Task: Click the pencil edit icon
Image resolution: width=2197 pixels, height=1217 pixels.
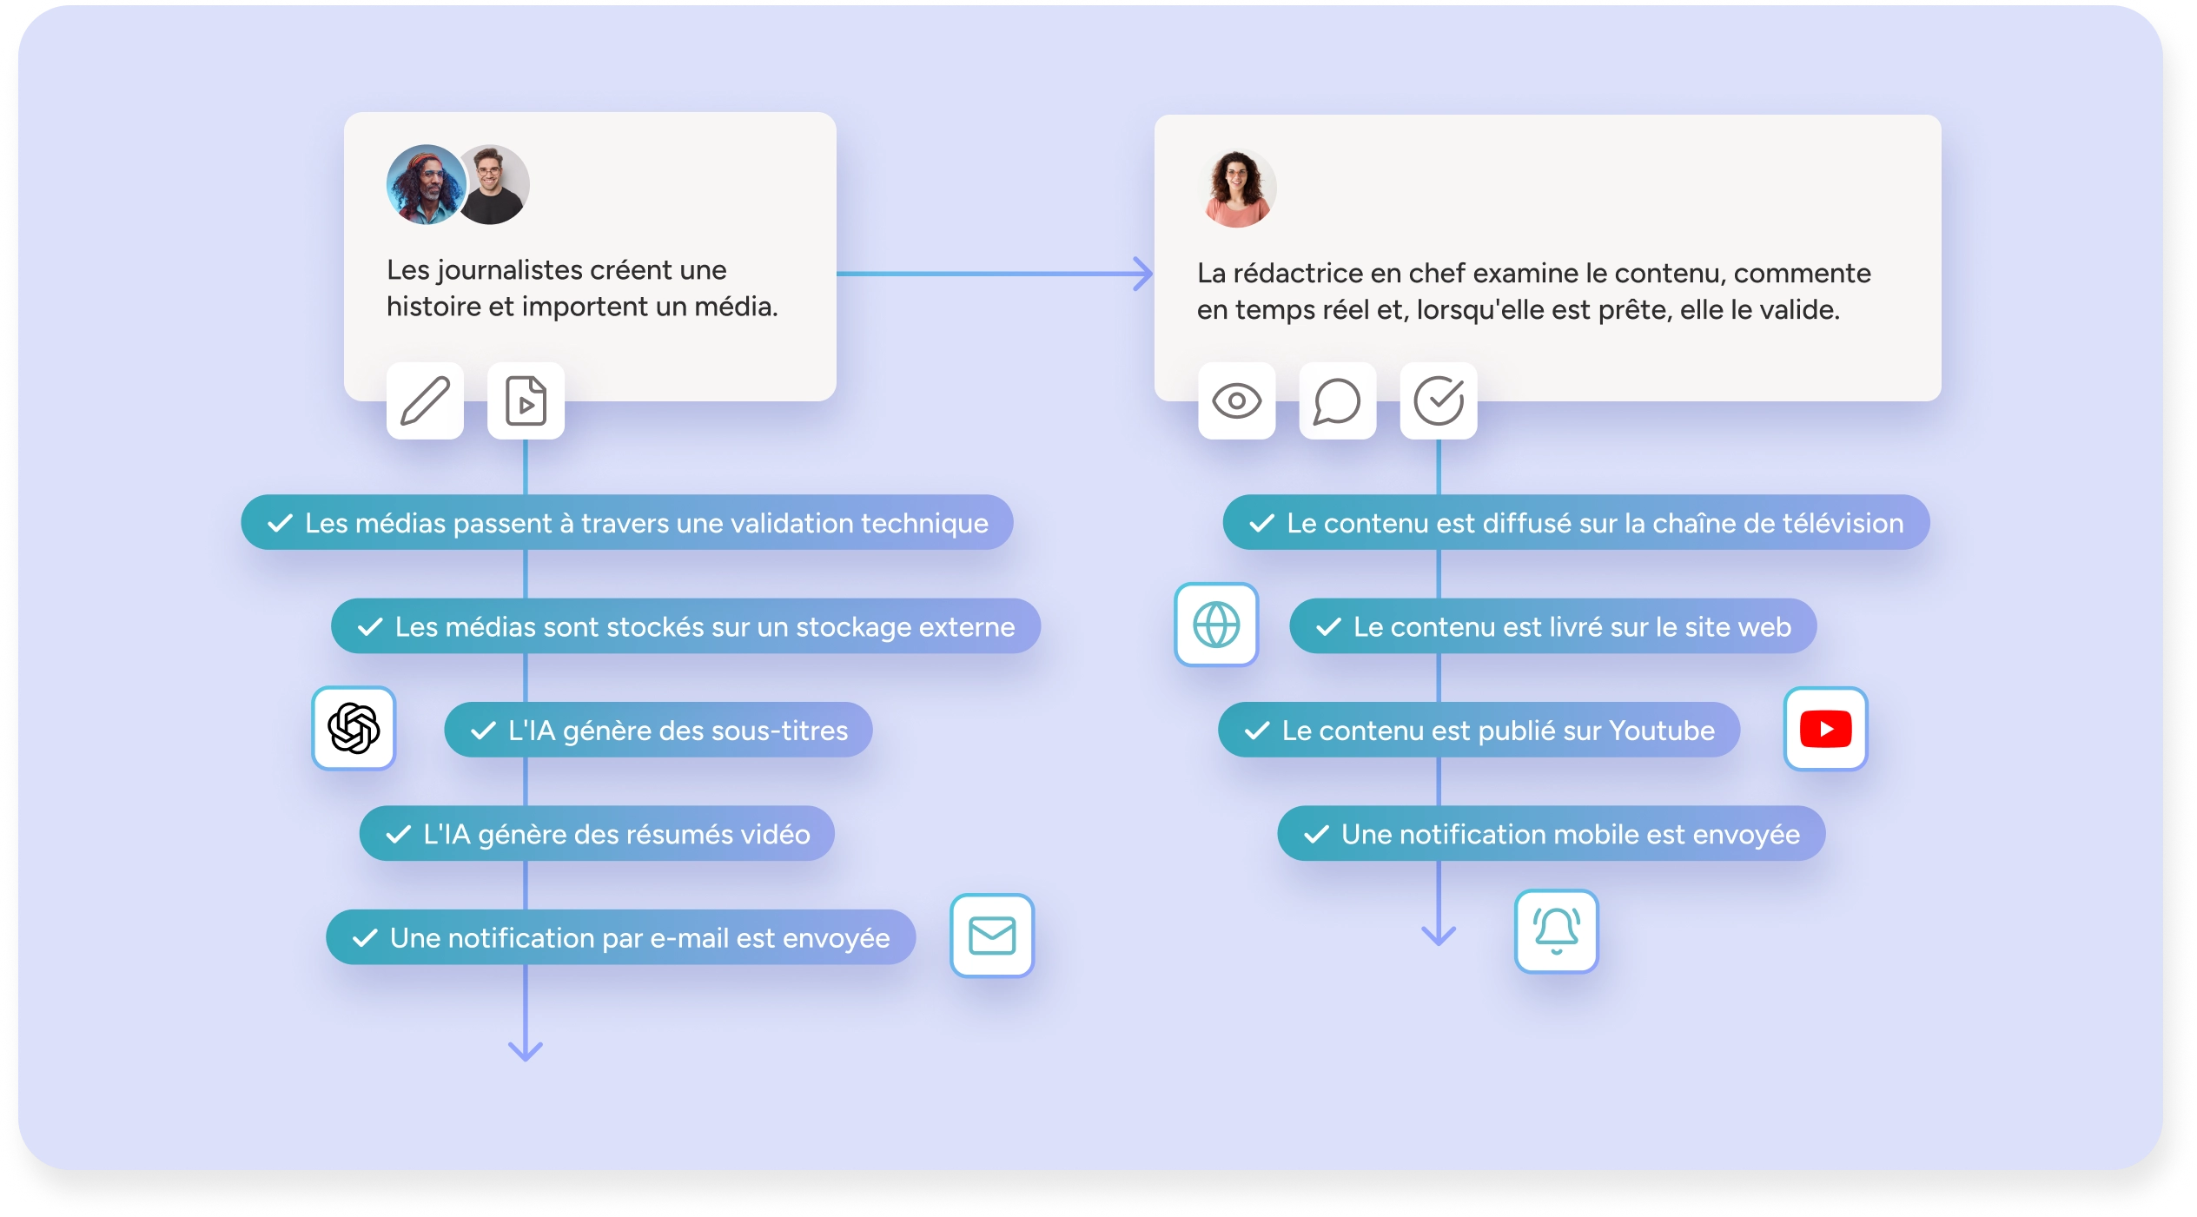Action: tap(425, 401)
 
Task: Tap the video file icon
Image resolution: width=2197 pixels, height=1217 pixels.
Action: tap(526, 401)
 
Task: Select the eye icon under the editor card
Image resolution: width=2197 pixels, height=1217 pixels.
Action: tap(1236, 401)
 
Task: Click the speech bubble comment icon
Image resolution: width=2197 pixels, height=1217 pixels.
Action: tap(1337, 401)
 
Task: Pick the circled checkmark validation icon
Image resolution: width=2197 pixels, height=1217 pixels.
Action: tap(1439, 401)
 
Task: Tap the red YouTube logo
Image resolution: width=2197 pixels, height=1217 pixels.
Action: tap(1825, 729)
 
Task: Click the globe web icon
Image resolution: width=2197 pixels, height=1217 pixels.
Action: tap(1216, 625)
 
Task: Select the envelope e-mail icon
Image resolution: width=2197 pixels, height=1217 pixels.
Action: tap(992, 936)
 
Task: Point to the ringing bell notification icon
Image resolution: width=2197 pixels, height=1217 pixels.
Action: tap(1556, 930)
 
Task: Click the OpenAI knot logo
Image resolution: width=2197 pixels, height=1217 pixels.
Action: tap(354, 728)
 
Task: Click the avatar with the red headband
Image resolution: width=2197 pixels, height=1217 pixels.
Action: tap(426, 185)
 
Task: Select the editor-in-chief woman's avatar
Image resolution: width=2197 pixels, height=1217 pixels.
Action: tap(1237, 189)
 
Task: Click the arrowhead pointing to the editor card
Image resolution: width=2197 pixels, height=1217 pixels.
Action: tap(1144, 274)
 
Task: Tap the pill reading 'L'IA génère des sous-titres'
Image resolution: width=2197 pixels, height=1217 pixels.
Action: tap(658, 730)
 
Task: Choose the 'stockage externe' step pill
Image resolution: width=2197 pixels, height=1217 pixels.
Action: tap(685, 626)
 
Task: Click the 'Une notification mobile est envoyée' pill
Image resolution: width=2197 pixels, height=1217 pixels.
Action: tap(1551, 834)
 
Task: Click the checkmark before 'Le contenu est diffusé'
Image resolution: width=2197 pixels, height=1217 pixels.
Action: tap(1261, 523)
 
